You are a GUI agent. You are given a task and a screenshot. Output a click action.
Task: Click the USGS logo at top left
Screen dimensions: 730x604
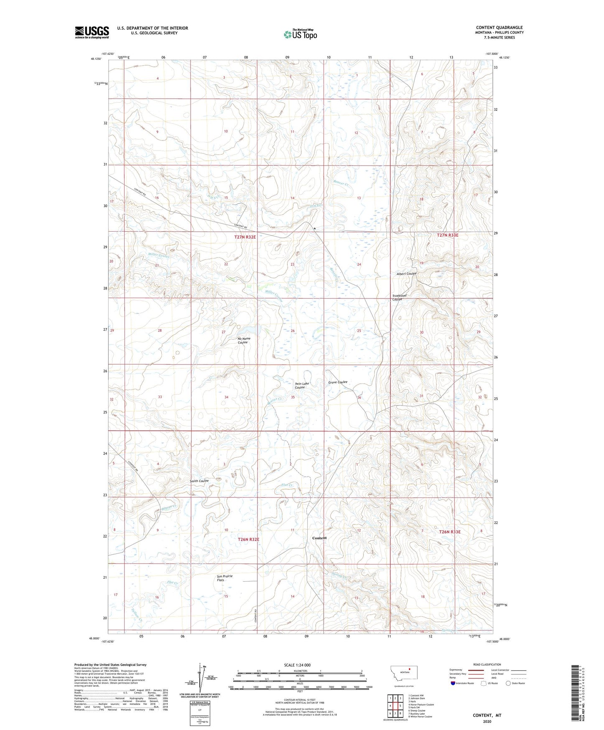click(92, 32)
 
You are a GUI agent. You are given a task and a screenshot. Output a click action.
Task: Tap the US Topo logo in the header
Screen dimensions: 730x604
click(300, 34)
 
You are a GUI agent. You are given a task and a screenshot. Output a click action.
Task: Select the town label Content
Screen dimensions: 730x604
click(319, 538)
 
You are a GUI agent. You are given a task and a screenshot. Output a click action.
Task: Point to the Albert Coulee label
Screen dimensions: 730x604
click(406, 274)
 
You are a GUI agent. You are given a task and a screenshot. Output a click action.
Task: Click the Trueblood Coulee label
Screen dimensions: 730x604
click(399, 298)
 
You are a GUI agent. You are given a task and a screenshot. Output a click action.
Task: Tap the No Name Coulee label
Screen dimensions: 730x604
click(243, 341)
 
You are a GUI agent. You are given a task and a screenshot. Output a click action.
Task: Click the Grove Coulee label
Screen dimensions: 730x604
click(337, 382)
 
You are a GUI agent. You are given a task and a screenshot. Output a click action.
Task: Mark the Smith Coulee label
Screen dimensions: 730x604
click(199, 481)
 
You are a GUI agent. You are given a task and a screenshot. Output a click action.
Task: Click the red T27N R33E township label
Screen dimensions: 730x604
click(447, 235)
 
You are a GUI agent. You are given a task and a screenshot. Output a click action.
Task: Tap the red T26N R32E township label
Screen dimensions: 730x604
click(248, 539)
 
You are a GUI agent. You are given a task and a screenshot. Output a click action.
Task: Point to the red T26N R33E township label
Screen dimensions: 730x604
click(449, 532)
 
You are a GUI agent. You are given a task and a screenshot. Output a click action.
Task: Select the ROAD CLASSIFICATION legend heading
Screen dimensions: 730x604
click(487, 664)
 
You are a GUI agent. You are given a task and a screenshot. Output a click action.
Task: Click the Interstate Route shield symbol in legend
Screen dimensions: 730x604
click(454, 683)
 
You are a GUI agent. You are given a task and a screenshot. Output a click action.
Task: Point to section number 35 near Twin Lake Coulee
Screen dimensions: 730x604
click(293, 397)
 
